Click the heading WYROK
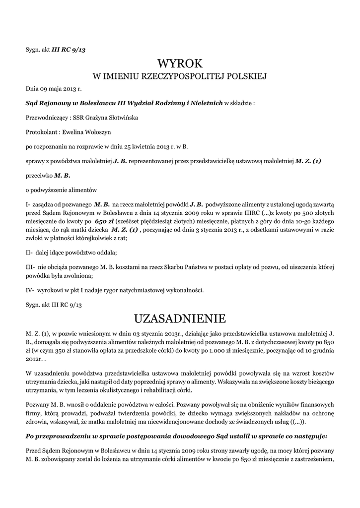180,63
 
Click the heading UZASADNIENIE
180,317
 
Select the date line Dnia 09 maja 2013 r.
53,89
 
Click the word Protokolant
42,132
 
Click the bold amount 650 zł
104,220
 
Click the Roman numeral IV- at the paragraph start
30,290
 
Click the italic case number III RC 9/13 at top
72,49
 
